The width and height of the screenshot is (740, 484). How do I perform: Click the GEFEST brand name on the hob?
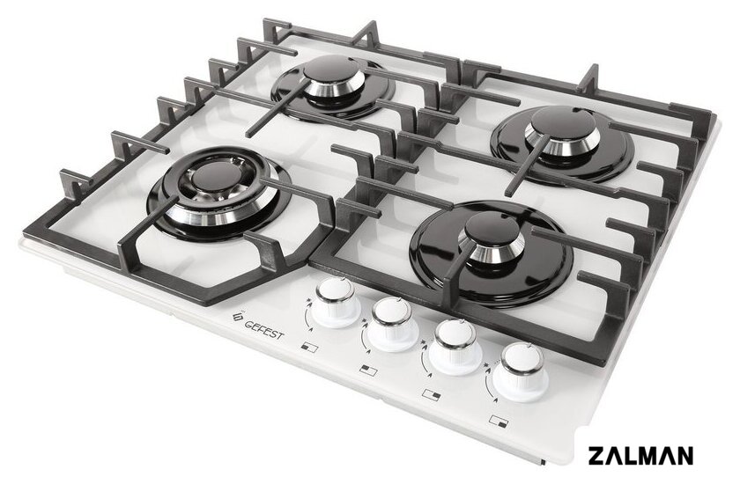[x=264, y=329]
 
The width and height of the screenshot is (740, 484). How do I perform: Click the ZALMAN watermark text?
[x=640, y=456]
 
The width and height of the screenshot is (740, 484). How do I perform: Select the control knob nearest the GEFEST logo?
[x=336, y=302]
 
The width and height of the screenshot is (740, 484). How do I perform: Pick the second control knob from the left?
[x=392, y=324]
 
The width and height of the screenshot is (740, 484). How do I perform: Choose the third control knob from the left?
[x=456, y=347]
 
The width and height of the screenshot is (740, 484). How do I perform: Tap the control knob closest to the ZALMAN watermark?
[x=522, y=372]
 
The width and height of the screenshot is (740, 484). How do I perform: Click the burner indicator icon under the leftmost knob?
[x=309, y=348]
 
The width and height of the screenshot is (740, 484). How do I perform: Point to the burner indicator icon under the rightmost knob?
[x=499, y=420]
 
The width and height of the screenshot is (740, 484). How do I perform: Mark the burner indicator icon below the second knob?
[x=368, y=370]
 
